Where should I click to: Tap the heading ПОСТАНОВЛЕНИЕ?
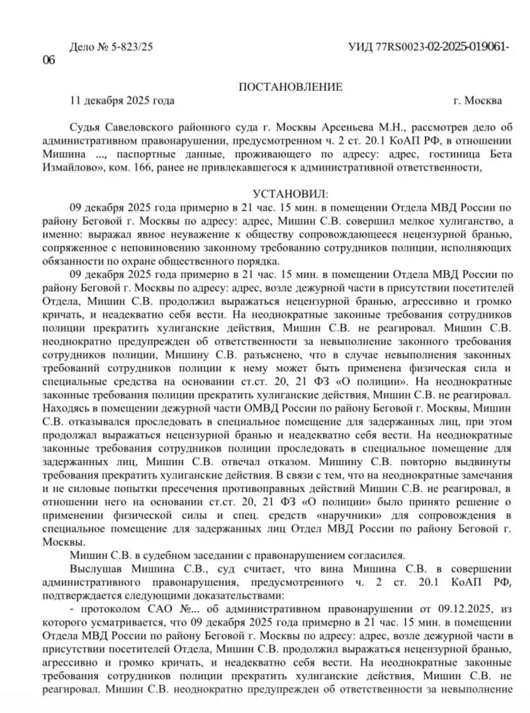pyautogui.click(x=290, y=87)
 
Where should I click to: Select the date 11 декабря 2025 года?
pyautogui.click(x=122, y=101)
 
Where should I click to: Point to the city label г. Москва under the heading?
pyautogui.click(x=477, y=101)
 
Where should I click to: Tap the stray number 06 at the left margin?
pyautogui.click(x=49, y=60)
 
